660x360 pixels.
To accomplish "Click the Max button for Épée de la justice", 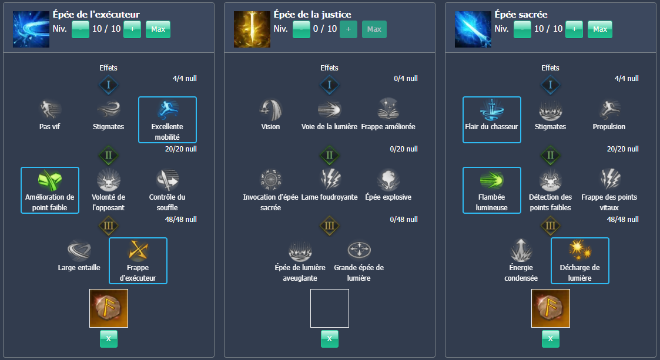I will tap(374, 29).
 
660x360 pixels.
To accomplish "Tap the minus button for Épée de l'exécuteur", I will tap(81, 29).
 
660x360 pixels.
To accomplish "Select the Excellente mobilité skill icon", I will tap(167, 110).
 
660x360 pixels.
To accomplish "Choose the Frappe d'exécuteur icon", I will tap(138, 251).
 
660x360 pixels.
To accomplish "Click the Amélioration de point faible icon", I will tap(50, 180).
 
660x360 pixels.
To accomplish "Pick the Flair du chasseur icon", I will tap(492, 110).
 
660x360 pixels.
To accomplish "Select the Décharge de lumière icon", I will tap(580, 251).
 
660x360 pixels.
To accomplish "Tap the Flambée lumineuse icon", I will tap(492, 180).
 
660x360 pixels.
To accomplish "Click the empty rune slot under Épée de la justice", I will tap(330, 308).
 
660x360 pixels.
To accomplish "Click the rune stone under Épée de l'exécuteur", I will tap(109, 308).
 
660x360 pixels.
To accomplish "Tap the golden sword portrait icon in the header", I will tap(252, 29).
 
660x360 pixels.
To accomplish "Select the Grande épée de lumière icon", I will tap(359, 251).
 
